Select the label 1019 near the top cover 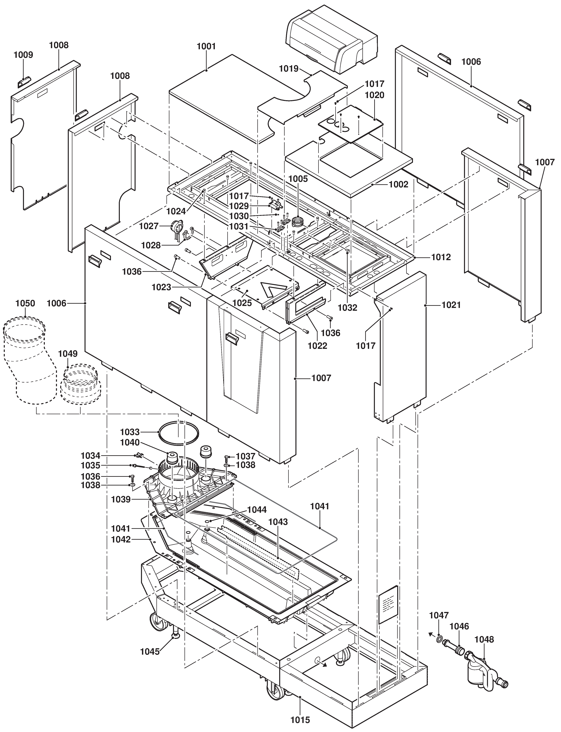pos(289,69)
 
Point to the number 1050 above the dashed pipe pos(25,303)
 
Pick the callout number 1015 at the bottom pos(300,720)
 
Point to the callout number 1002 pos(398,184)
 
